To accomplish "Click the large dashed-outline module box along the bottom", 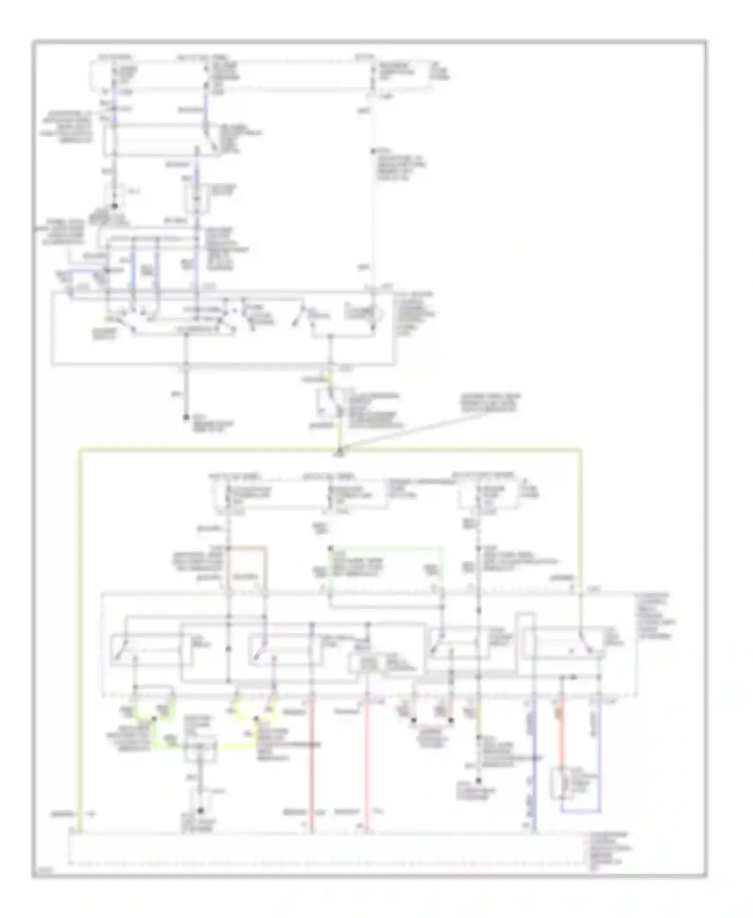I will click(x=326, y=849).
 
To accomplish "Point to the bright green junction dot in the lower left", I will click(x=154, y=719).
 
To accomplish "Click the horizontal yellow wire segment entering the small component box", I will click(x=236, y=747).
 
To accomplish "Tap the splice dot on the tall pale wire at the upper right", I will click(x=372, y=151).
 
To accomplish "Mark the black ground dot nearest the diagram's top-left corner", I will click(x=114, y=206).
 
